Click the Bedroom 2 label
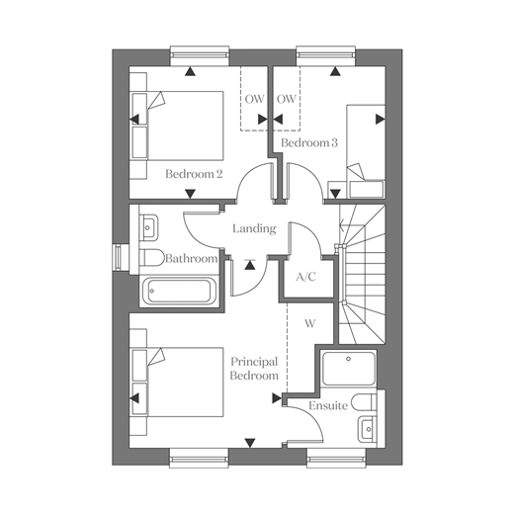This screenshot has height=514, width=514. (194, 174)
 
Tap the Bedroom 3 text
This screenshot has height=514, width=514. (309, 142)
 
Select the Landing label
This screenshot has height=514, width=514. (254, 228)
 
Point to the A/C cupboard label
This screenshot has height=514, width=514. (305, 277)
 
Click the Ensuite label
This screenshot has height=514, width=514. (328, 405)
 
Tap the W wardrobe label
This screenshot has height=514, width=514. (309, 323)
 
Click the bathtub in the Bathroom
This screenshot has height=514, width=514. (179, 291)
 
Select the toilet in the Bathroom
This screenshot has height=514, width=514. (152, 258)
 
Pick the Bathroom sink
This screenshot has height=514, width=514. (149, 226)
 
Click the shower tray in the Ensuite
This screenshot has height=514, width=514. (349, 369)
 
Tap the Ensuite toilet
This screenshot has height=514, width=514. (364, 402)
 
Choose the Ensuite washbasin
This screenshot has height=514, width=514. (368, 429)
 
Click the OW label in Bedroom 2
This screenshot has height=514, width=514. (254, 99)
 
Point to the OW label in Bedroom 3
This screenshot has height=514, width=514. (287, 99)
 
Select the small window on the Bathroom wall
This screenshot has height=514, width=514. (118, 258)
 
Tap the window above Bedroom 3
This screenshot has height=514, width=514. (326, 55)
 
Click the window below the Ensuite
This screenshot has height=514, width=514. (336, 459)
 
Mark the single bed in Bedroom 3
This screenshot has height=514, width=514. (366, 152)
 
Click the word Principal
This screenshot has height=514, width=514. (254, 362)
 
